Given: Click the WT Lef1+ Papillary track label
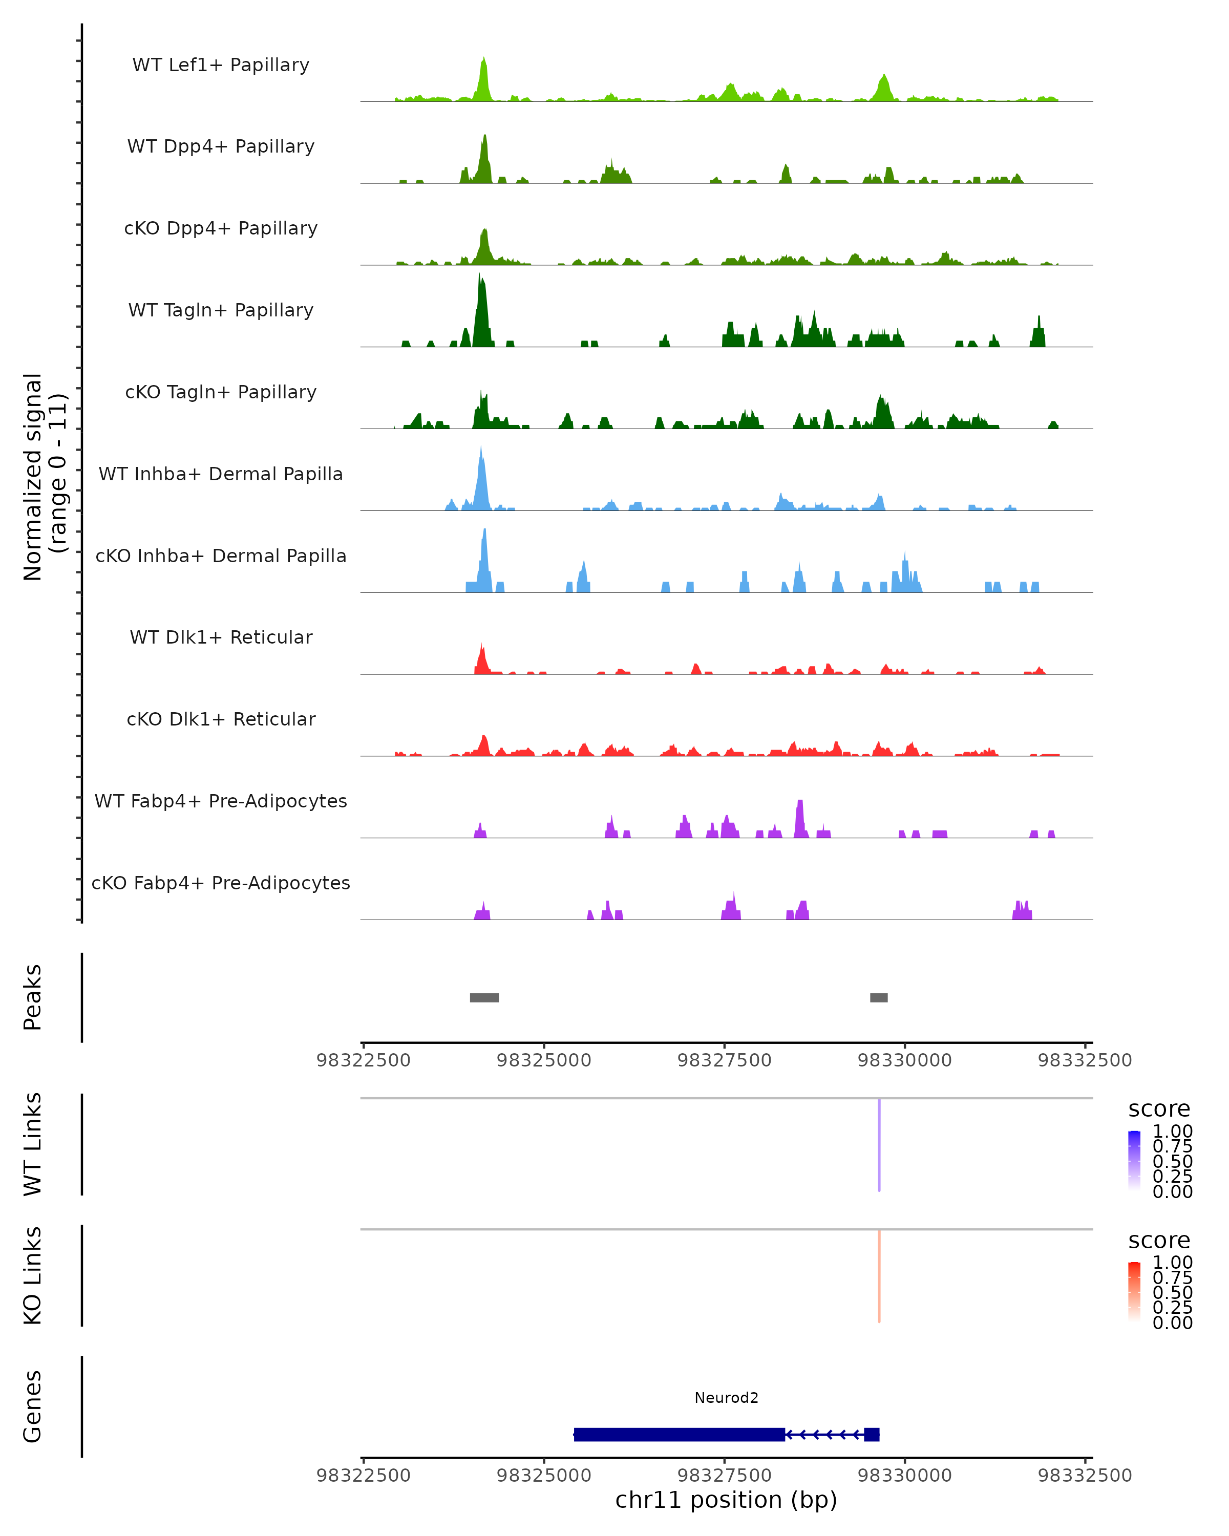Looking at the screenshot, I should pos(221,65).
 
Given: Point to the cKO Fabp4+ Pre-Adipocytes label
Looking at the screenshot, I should pos(221,883).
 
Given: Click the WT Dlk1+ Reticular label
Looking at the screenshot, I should pos(221,637).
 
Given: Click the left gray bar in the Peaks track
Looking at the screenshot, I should pos(484,997).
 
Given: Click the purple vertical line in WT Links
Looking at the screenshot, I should pos(879,1145).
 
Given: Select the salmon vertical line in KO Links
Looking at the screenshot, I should pos(879,1276).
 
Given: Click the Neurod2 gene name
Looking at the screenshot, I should pos(726,1398).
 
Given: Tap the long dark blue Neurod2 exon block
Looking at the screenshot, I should pos(679,1435).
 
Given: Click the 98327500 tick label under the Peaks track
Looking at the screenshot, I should pos(725,1060).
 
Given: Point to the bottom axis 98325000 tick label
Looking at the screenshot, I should pos(544,1476).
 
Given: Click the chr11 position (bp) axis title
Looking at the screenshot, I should pos(726,1500).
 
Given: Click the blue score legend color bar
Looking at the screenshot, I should pos(1134,1160).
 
